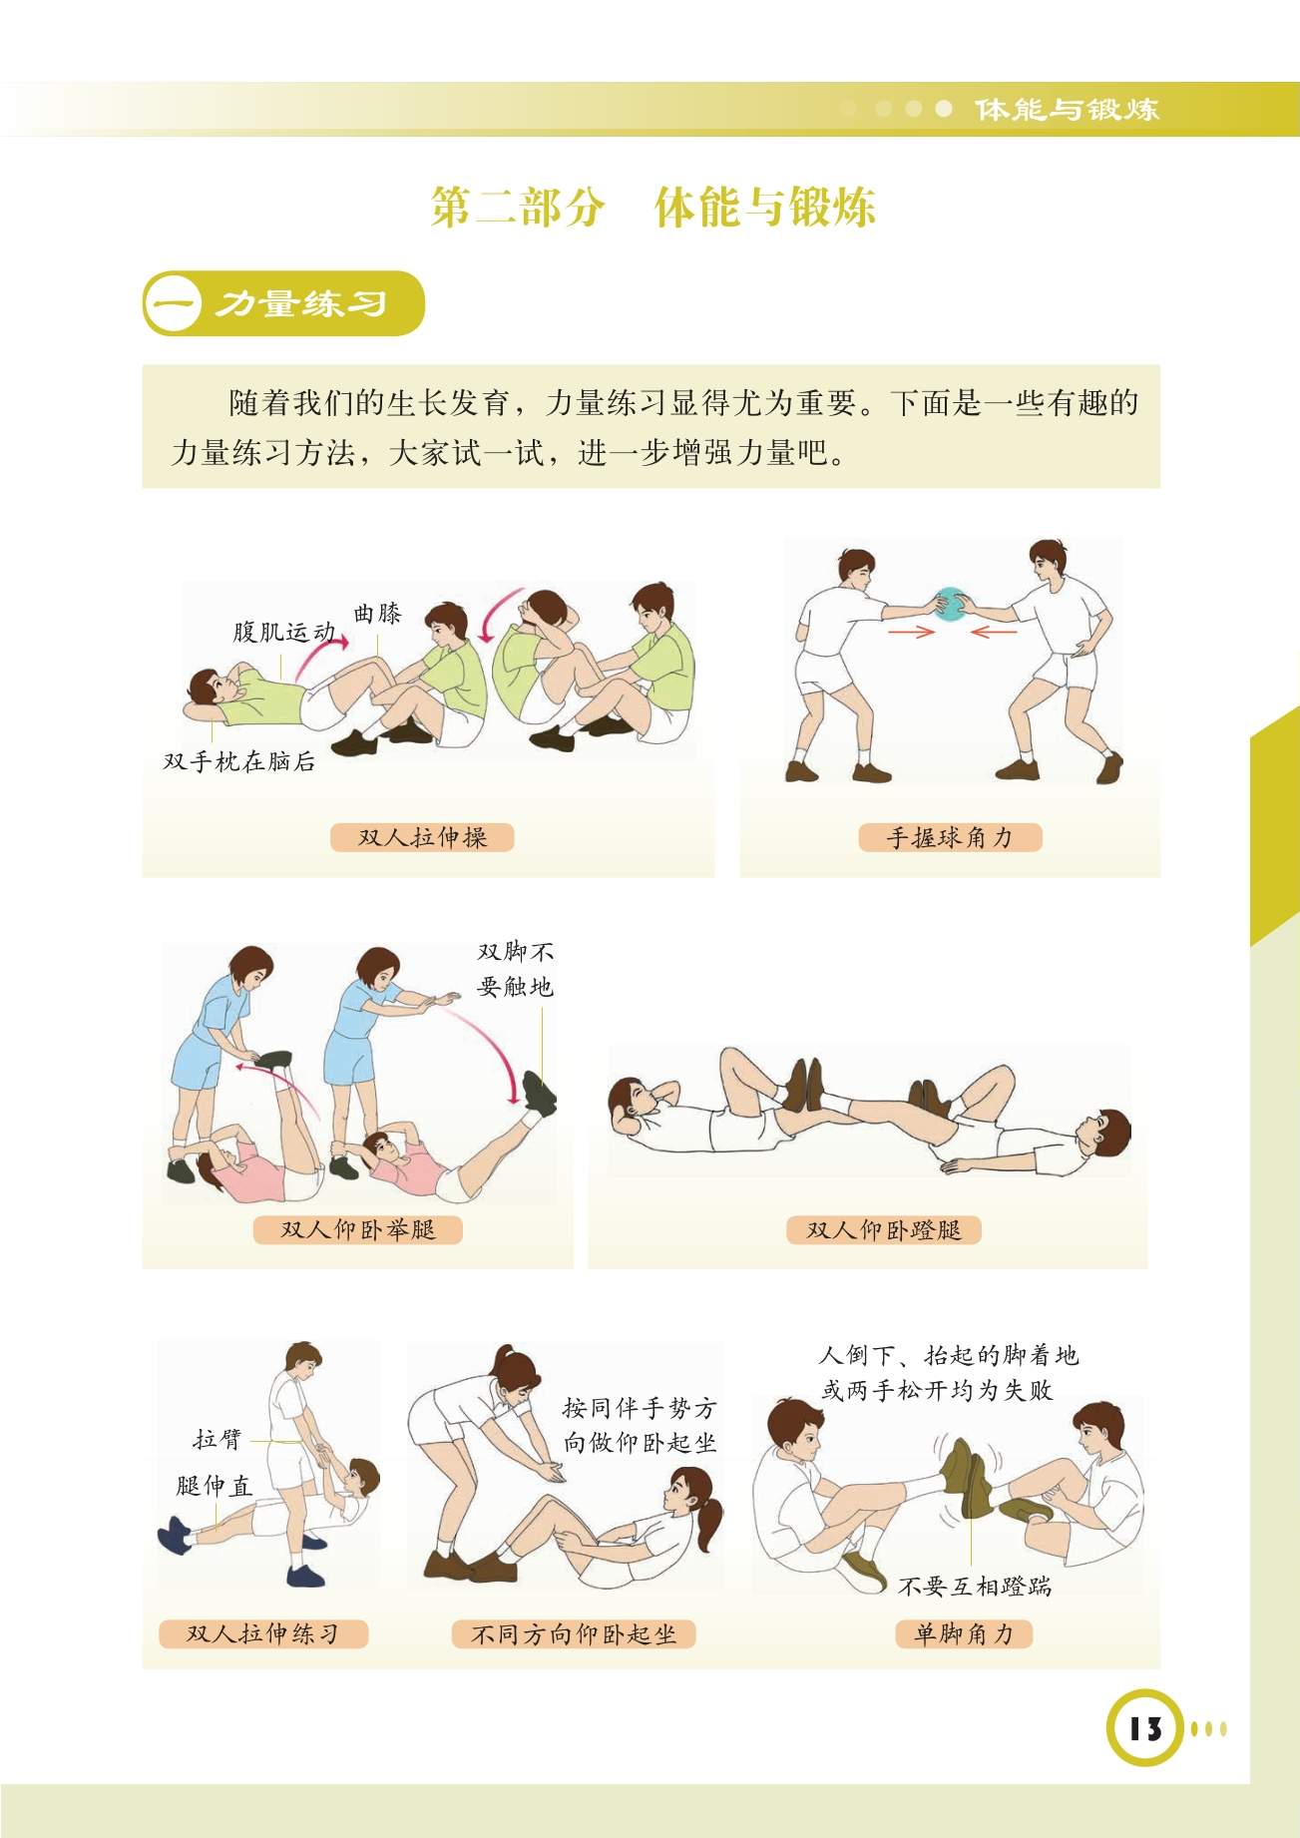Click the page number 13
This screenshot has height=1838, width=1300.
click(1145, 1728)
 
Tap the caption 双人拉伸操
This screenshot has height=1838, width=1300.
click(422, 837)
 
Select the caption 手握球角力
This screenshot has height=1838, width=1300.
click(950, 837)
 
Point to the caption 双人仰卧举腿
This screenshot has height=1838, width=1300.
click(357, 1229)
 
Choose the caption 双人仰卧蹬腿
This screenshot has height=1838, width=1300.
click(883, 1229)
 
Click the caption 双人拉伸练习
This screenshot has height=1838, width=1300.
click(263, 1633)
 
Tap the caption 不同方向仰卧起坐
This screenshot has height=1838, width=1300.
click(574, 1634)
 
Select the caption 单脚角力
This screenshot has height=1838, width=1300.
click(963, 1633)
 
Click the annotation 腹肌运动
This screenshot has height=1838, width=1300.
click(283, 632)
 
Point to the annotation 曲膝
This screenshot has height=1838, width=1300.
click(377, 614)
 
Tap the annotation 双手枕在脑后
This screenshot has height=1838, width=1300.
click(239, 761)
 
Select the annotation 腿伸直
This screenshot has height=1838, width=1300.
click(214, 1486)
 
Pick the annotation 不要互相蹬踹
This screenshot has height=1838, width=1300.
click(975, 1587)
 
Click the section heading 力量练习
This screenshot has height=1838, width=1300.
click(302, 303)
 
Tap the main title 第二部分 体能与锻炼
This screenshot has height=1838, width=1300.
click(652, 207)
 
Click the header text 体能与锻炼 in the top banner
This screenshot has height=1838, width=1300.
click(1067, 109)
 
